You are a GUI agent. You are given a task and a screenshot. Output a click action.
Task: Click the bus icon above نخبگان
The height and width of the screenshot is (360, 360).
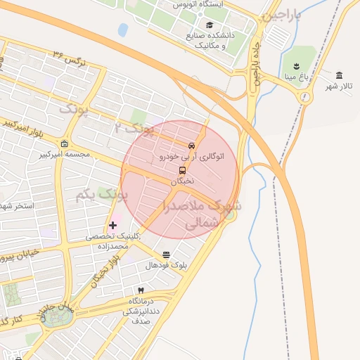pyautogui.click(x=183, y=169)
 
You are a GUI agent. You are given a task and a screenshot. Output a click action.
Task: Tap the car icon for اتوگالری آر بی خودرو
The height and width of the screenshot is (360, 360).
pyautogui.click(x=191, y=145)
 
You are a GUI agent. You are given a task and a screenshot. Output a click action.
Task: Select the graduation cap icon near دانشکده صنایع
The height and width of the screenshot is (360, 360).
pyautogui.click(x=210, y=25)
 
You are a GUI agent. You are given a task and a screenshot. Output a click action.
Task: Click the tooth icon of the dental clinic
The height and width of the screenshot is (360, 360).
pyautogui.click(x=140, y=290)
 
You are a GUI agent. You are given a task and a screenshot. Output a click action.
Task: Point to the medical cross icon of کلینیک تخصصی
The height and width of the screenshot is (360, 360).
pyautogui.click(x=112, y=226)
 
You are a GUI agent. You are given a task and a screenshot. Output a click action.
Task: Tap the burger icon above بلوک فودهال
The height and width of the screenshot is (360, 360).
pyautogui.click(x=166, y=255)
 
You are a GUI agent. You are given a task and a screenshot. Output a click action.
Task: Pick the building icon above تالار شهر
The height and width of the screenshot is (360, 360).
pyautogui.click(x=340, y=75)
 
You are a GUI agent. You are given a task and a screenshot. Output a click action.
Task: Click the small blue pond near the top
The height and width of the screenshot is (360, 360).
pyautogui.click(x=123, y=30)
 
